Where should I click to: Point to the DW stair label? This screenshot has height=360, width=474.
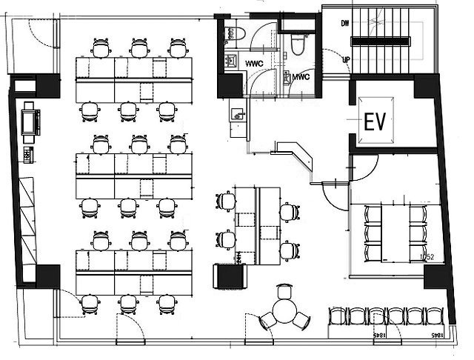coord(345,24)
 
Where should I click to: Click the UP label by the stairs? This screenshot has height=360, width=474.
coord(345,59)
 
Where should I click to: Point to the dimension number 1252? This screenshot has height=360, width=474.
coord(425,257)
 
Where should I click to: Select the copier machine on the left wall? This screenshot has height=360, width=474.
coord(30,121)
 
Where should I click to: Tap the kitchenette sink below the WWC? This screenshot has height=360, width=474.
coord(237,115)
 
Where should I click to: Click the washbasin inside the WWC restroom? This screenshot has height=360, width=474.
coord(230,61)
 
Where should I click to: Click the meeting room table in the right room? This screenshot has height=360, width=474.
coord(394,232)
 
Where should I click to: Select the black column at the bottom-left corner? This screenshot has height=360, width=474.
coord(46,276)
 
